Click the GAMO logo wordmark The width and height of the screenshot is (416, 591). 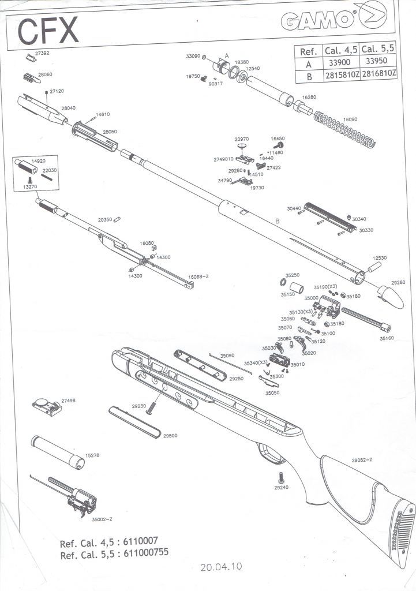tap(319, 21)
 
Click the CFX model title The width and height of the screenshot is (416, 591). tap(48, 31)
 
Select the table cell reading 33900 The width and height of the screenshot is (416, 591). tap(339, 62)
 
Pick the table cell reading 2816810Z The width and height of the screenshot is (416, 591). tap(378, 74)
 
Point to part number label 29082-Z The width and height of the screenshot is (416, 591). tap(362, 460)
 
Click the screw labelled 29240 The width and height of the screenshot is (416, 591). tap(281, 477)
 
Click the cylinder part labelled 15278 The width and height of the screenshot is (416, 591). tap(58, 452)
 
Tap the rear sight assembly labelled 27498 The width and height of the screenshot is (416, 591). tap(47, 407)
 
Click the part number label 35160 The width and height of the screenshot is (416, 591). tap(386, 338)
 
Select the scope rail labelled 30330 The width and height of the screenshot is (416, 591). tap(330, 217)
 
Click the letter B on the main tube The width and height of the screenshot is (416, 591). tap(278, 221)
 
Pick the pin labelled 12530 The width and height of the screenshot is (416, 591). tap(374, 267)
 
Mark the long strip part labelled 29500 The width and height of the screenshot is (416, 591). tap(134, 422)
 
